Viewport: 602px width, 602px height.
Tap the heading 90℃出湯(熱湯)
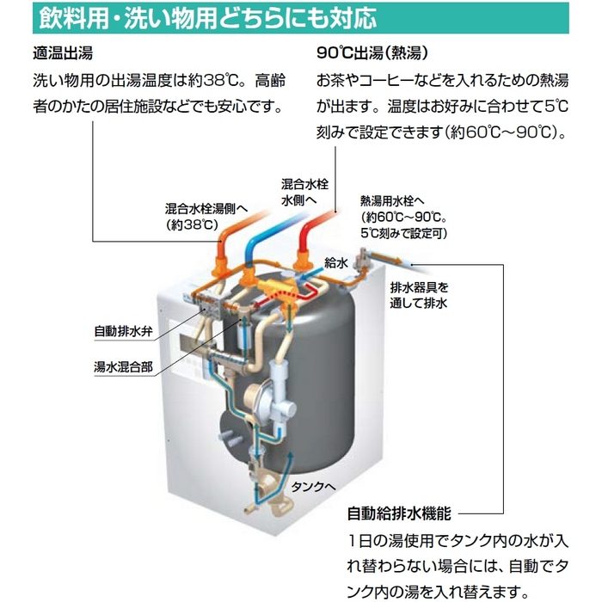[372, 52]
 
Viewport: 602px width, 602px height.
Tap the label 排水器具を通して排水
[420, 294]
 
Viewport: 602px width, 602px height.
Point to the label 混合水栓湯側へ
[206, 207]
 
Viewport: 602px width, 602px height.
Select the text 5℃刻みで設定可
[404, 232]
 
